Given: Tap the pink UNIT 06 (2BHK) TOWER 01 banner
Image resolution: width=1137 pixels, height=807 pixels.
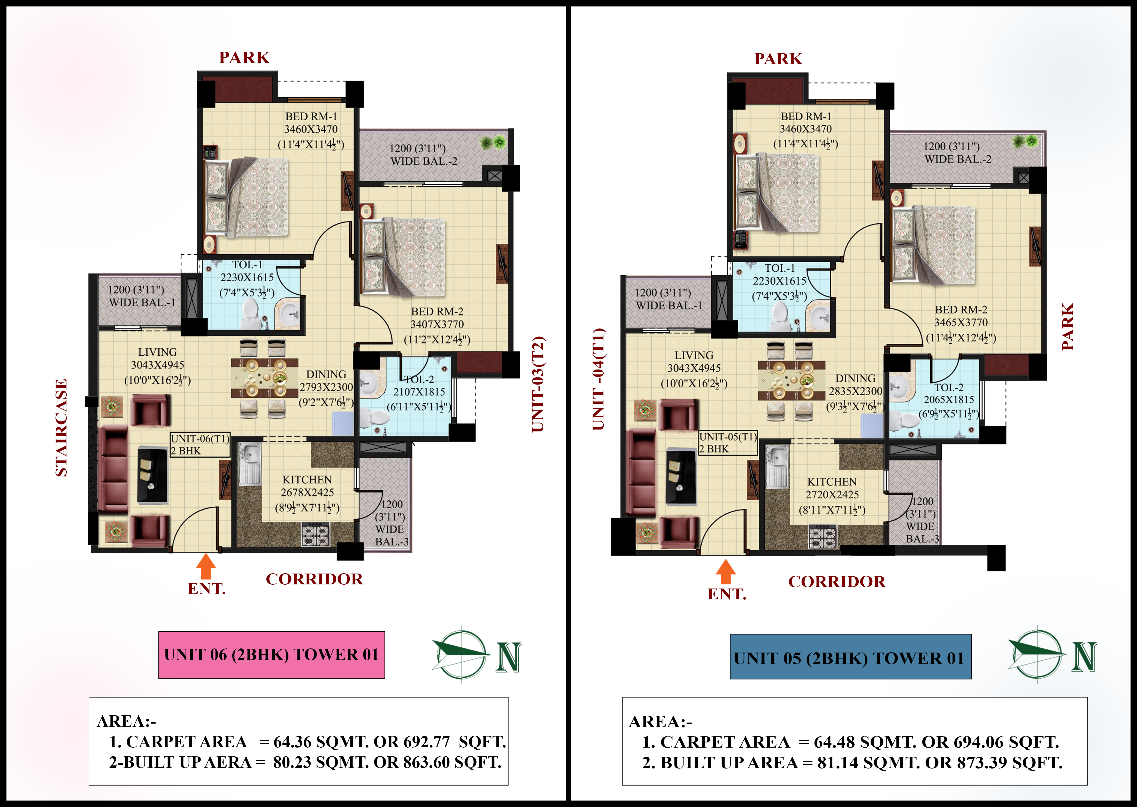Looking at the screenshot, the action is click(x=271, y=655).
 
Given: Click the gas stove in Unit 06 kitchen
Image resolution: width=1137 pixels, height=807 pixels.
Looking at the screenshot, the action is click(x=315, y=535).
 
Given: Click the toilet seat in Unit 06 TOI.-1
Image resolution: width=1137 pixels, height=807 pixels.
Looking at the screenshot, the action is click(x=251, y=313).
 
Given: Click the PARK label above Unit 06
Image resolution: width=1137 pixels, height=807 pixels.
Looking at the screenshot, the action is click(x=244, y=58).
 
